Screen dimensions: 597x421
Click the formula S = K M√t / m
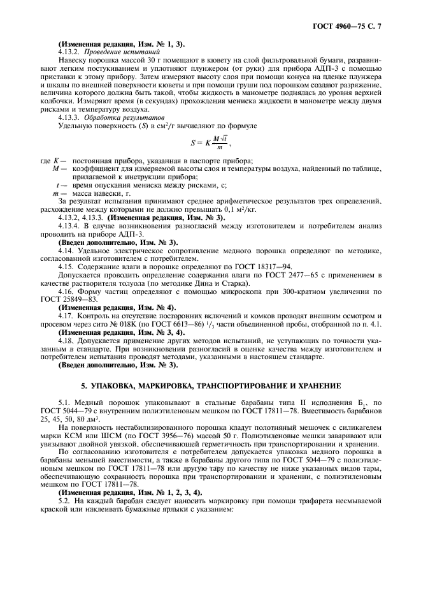209,144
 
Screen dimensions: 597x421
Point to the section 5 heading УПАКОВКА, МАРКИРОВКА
210,386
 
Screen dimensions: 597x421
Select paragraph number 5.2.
64,499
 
